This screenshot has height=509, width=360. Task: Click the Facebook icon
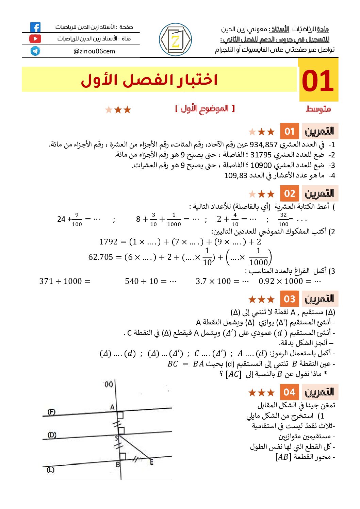point(35,27)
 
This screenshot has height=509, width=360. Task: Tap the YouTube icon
point(35,39)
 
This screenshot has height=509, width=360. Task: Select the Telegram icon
point(35,51)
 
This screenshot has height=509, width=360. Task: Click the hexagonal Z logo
point(175,40)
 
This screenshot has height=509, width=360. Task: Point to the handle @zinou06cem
point(94,51)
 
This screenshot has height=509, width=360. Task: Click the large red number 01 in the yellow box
point(318,81)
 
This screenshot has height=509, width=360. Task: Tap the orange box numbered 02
point(290,194)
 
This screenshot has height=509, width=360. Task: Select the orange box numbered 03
point(290,299)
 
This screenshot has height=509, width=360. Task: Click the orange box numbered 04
point(290,392)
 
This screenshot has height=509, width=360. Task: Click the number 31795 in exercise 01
point(261,155)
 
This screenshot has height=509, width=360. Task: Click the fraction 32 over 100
point(283,219)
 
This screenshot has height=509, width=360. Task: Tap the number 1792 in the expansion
point(108,242)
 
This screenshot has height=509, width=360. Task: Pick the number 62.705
point(100,257)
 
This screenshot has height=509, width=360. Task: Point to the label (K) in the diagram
point(109,384)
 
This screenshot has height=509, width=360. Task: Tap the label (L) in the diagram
point(51,470)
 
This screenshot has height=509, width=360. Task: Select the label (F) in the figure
point(51,412)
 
